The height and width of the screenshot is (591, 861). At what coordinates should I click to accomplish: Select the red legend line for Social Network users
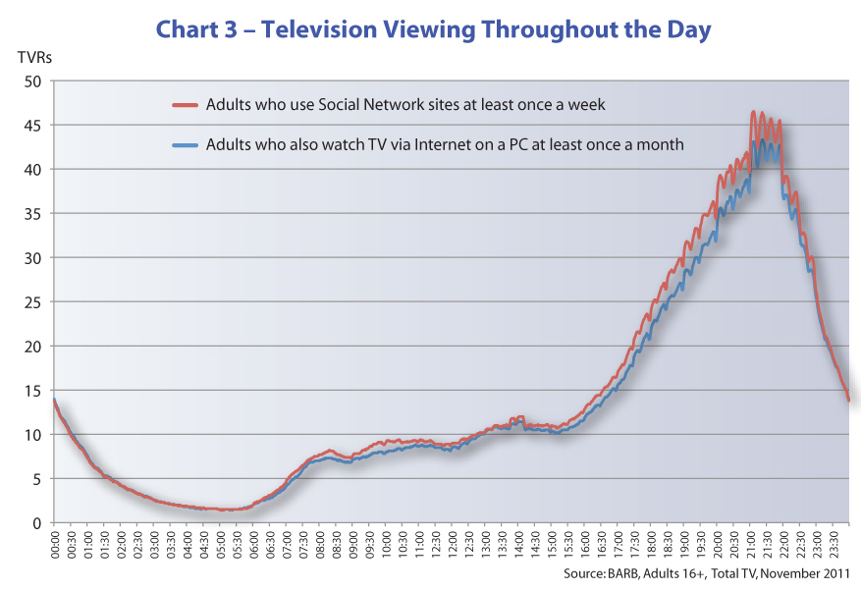coord(186,104)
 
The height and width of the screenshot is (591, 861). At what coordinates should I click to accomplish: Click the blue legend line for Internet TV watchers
coord(186,144)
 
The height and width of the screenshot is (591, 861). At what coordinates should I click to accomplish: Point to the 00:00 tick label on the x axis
coord(55,546)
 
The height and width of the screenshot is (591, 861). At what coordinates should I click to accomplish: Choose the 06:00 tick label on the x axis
coord(253,546)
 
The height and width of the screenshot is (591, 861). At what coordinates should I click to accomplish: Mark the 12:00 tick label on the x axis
coord(452,546)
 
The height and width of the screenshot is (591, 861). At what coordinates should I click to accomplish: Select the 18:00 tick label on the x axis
coord(651,546)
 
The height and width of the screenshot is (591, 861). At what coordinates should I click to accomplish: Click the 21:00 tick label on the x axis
coord(750,546)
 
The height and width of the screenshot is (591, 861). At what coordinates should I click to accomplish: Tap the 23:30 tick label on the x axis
coord(833,546)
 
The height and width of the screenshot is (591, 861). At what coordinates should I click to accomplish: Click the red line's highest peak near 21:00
coord(753,113)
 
